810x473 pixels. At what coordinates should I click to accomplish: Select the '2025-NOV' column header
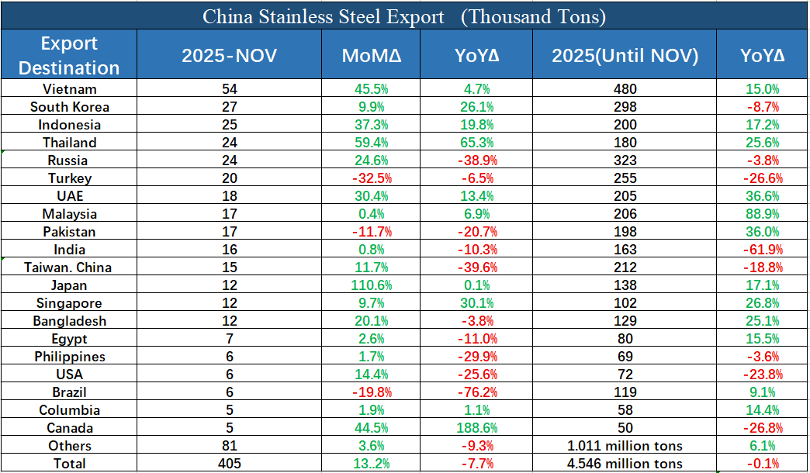[x=229, y=56]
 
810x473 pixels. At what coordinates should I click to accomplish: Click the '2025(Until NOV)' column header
[x=625, y=56]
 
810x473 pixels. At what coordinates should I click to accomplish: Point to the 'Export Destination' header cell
[x=69, y=55]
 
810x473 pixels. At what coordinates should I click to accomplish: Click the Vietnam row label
[x=69, y=89]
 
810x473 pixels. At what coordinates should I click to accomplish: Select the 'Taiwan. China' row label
[x=69, y=268]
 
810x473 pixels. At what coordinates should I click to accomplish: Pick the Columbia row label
[x=69, y=410]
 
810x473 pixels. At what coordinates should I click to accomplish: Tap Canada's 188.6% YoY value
[x=476, y=428]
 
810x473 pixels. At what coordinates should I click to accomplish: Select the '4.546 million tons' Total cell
[x=625, y=464]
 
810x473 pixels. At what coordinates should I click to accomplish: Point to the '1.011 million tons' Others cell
[x=625, y=446]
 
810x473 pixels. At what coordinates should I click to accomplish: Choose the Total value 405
[x=229, y=464]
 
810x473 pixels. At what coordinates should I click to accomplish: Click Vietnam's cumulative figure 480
[x=625, y=89]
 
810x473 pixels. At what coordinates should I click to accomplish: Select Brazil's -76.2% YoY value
[x=476, y=392]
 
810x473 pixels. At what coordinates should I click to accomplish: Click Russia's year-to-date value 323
[x=625, y=161]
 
